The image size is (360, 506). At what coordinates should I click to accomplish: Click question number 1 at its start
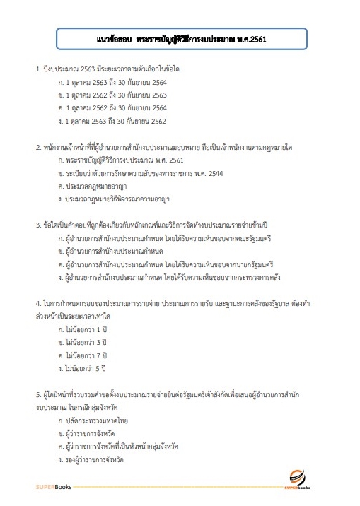click(x=38, y=71)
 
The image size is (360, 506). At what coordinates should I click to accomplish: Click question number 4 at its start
click(x=38, y=303)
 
